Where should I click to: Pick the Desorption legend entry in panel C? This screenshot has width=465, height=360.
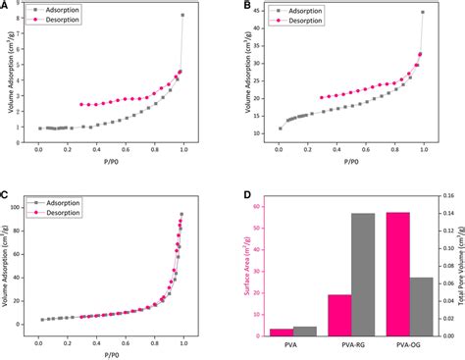61,212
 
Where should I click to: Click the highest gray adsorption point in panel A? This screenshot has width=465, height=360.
182,16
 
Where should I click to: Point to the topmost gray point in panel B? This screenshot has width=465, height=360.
423,13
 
